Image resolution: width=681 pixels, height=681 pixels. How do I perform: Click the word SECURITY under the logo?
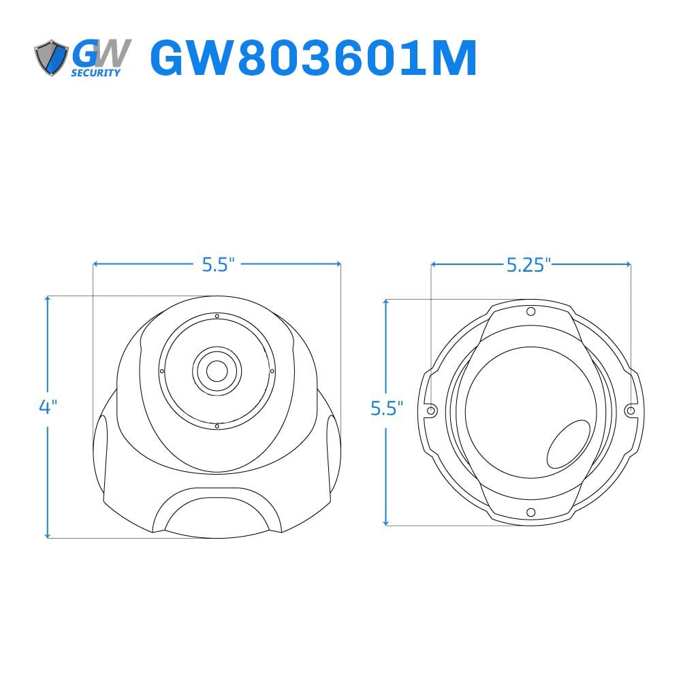(96, 74)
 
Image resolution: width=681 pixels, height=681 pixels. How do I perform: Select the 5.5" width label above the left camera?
(218, 264)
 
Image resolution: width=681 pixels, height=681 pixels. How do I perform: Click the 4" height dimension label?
(48, 407)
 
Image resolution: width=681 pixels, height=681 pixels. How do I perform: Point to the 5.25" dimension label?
(528, 265)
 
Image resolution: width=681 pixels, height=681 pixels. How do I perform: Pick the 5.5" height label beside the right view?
(387, 409)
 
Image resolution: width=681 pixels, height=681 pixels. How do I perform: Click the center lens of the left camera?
(217, 370)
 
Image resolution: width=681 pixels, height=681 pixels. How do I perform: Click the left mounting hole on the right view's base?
(431, 411)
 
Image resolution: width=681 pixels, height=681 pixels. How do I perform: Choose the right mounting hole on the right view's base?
(631, 411)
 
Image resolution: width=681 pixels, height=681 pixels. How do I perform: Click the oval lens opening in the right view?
(569, 443)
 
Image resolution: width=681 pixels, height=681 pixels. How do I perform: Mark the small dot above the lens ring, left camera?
(217, 316)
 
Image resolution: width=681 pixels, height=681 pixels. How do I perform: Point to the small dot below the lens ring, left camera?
(217, 426)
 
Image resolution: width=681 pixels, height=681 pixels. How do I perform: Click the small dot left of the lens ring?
(161, 371)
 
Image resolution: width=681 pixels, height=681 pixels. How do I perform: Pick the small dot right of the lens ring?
(272, 371)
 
